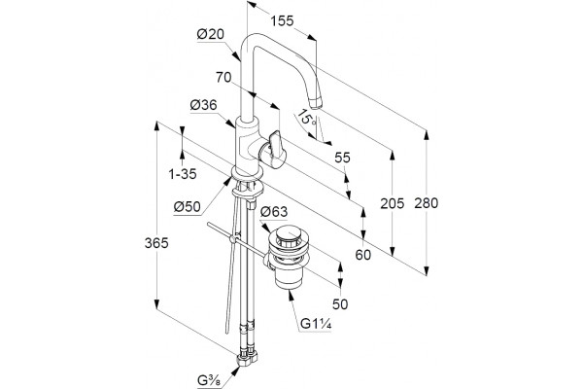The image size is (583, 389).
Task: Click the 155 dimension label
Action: [x=282, y=20]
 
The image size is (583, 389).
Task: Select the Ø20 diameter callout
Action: [x=211, y=35]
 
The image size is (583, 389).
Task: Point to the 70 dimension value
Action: [x=223, y=77]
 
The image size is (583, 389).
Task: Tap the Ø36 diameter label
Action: [x=203, y=105]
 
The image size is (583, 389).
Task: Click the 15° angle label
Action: [x=308, y=118]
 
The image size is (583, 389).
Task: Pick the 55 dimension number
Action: [x=342, y=158]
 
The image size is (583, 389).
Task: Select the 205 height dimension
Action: [x=392, y=203]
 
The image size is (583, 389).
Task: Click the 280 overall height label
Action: [x=427, y=203]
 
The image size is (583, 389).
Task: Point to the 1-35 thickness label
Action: [x=183, y=174]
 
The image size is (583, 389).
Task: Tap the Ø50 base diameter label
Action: [x=188, y=206]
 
